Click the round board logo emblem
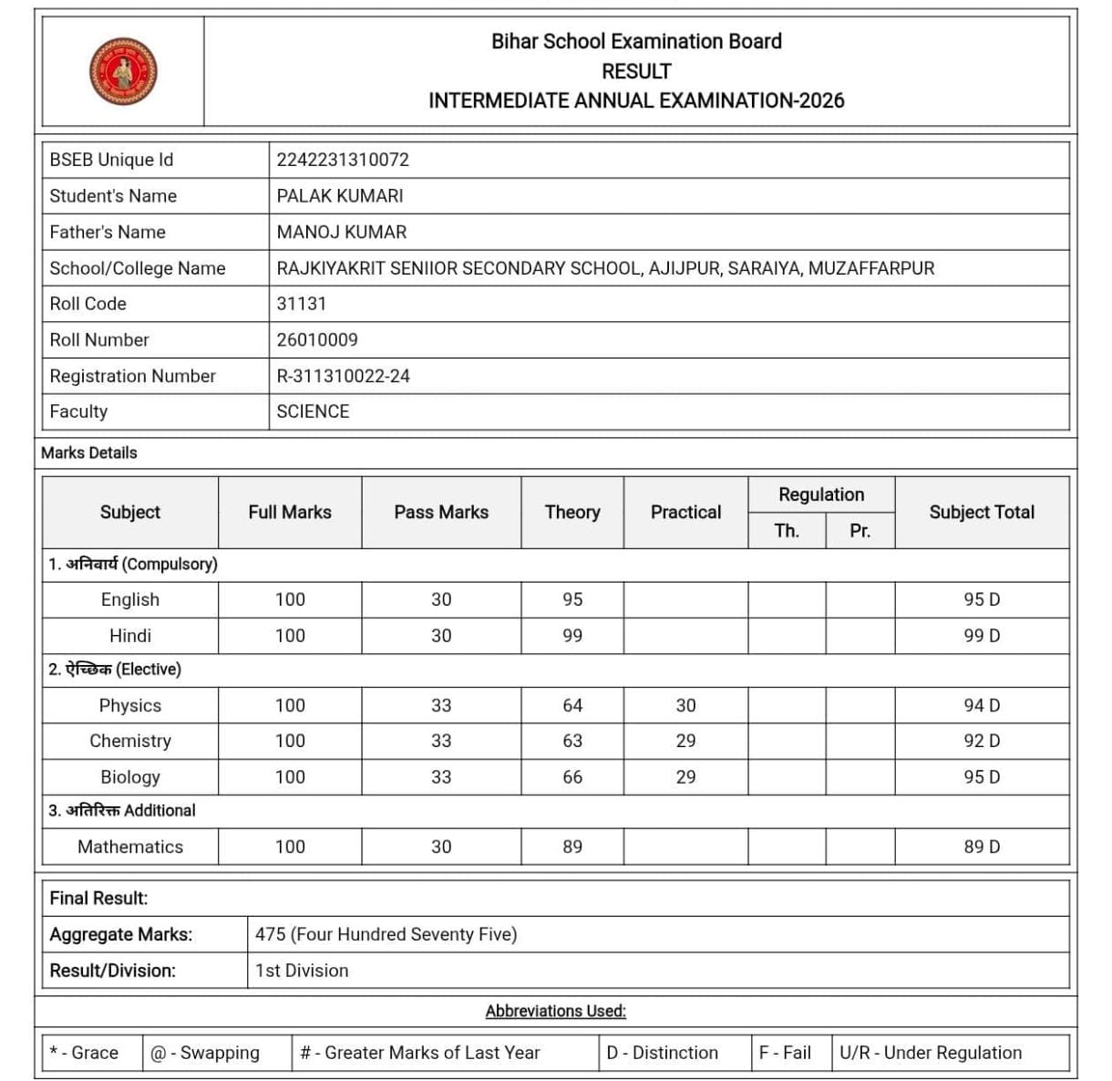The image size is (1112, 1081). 123,71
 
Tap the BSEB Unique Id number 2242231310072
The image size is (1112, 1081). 343,160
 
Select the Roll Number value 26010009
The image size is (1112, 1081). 317,339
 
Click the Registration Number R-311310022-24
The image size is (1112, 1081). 343,376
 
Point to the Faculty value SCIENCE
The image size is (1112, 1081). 313,411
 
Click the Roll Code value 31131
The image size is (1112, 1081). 301,304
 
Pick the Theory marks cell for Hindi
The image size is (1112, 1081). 572,636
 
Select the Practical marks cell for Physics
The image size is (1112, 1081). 685,705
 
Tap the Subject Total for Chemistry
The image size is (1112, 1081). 982,741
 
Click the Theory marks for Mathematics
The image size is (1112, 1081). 572,847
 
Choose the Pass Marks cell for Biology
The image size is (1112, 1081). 441,777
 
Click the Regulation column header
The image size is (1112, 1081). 821,494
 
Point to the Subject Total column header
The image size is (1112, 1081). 982,512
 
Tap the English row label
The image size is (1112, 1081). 130,599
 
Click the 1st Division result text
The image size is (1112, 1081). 302,971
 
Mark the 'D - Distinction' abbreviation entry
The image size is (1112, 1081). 663,1053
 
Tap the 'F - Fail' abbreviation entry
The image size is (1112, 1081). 785,1053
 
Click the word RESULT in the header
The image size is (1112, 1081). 636,71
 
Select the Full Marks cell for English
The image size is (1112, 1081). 290,599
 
